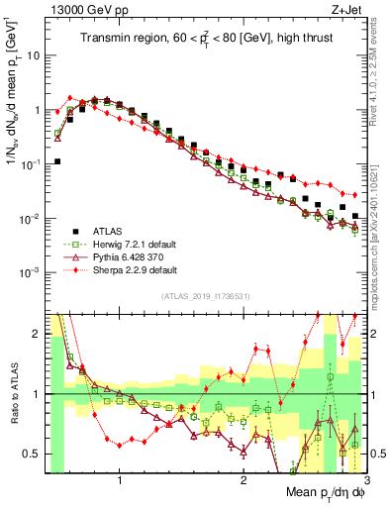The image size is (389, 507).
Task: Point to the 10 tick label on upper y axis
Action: click(x=34, y=56)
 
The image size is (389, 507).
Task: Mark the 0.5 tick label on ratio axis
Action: click(x=33, y=454)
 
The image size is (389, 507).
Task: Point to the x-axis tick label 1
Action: click(x=119, y=482)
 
